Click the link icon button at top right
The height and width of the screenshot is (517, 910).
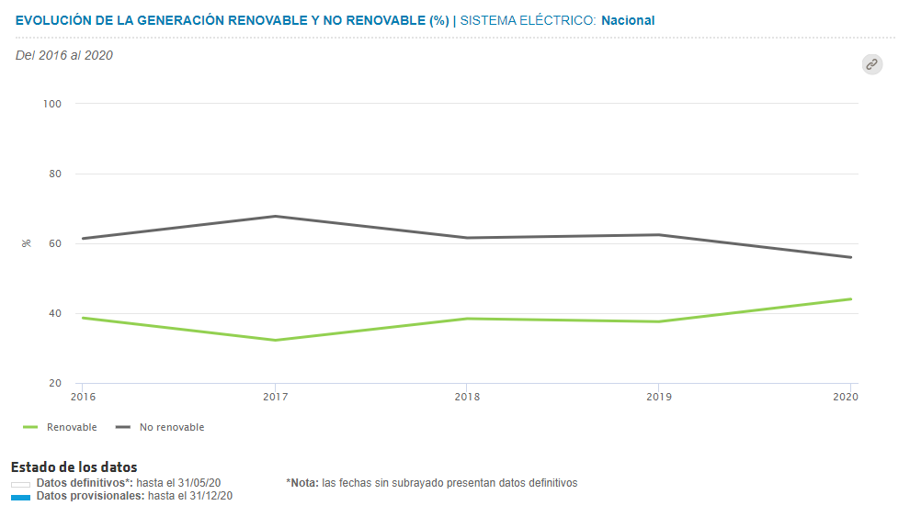871,64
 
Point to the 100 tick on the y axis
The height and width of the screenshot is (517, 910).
51,104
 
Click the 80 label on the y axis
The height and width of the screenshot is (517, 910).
54,174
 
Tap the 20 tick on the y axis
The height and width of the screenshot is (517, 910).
54,383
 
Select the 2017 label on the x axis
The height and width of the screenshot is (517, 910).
274,397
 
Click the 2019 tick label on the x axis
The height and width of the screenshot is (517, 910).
659,397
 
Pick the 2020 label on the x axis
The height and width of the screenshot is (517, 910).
846,397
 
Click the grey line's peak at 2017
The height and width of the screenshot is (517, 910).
275,216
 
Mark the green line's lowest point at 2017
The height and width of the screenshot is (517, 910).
275,341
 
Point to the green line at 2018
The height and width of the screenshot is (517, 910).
467,319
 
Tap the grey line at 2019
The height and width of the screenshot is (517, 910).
659,234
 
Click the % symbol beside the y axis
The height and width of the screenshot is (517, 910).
26,243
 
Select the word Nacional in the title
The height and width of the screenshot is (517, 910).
628,20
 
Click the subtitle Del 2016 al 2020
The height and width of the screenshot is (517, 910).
64,55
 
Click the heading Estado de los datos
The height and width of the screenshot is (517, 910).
74,467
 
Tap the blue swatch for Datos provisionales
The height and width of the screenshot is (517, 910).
20,497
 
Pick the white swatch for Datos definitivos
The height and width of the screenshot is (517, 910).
20,484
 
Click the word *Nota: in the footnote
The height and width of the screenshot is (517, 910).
301,483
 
